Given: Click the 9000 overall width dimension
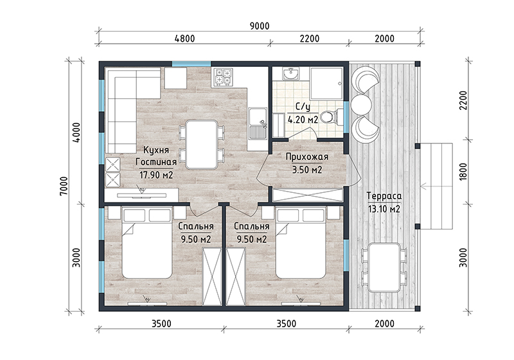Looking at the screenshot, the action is click(x=260, y=26).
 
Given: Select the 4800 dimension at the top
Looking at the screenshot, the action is click(x=185, y=39).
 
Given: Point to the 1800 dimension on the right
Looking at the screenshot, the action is click(x=463, y=172).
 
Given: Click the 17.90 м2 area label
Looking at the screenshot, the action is click(x=156, y=175).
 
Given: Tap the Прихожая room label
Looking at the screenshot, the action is click(x=307, y=157).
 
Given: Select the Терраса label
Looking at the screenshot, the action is click(x=384, y=196).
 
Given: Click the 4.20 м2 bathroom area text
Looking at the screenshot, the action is click(x=303, y=120).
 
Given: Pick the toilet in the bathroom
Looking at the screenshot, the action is click(x=331, y=117).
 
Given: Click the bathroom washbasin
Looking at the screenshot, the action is click(x=291, y=74).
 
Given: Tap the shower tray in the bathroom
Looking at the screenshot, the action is click(x=326, y=84).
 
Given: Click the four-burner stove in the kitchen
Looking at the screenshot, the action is click(x=223, y=77).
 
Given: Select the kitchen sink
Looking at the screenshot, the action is click(x=258, y=123).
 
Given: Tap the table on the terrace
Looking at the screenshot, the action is click(x=384, y=267).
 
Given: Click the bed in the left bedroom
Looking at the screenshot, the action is click(x=147, y=242).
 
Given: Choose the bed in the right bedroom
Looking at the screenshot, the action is click(x=301, y=242).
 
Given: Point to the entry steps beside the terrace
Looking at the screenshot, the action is click(x=436, y=186).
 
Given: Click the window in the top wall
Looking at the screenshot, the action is click(x=191, y=64).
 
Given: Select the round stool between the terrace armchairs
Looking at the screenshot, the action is click(x=361, y=104).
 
